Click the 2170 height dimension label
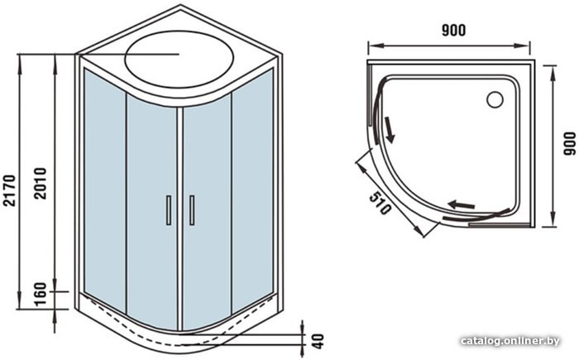(x=10, y=190)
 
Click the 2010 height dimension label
(x=41, y=184)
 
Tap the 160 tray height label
(x=41, y=295)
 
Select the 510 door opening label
(x=380, y=204)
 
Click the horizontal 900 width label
(x=454, y=31)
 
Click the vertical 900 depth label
(x=569, y=144)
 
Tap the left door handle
(x=169, y=210)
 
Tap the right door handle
(x=192, y=210)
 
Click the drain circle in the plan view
(x=495, y=99)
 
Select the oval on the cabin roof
(x=179, y=59)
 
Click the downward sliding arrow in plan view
(x=389, y=130)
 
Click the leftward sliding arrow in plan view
(x=462, y=204)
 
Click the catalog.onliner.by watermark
(x=510, y=340)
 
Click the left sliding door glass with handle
(x=152, y=213)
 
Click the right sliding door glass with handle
(x=207, y=212)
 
